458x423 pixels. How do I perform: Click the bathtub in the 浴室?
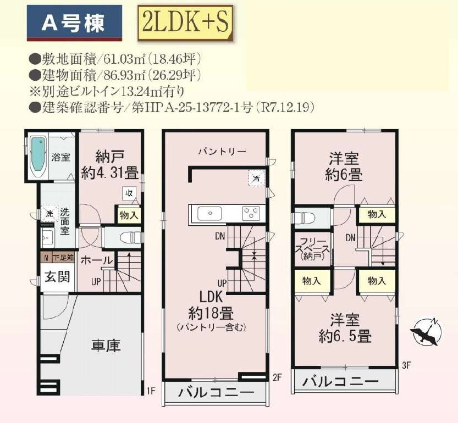tap(37, 157)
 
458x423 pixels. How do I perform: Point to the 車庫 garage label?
tap(106, 346)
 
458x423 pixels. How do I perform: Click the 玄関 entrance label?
tap(57, 276)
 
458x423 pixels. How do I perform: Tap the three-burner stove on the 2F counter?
tap(252, 213)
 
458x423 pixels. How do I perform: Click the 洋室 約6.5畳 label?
tap(344, 327)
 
